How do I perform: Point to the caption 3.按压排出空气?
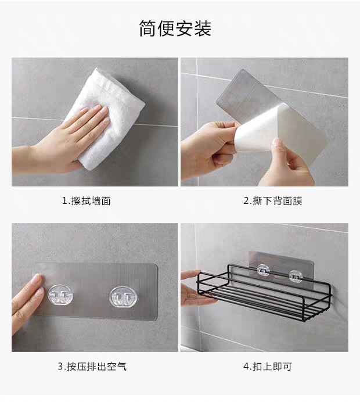point(91,367)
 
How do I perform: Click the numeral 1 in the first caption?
point(65,201)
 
